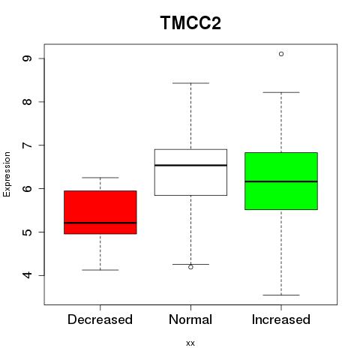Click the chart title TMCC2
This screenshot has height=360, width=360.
pyautogui.click(x=190, y=22)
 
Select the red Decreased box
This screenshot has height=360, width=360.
pyautogui.click(x=100, y=212)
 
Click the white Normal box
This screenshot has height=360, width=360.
pyautogui.click(x=190, y=172)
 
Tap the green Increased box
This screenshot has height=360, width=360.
pyautogui.click(x=281, y=181)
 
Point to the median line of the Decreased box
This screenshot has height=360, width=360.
pyautogui.click(x=100, y=223)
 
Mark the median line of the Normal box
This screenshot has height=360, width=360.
pyautogui.click(x=190, y=165)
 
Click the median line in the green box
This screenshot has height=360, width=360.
pyautogui.click(x=281, y=181)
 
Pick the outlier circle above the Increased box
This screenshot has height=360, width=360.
pyautogui.click(x=281, y=54)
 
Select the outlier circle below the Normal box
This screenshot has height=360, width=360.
pyautogui.click(x=190, y=267)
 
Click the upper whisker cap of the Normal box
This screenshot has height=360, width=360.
pyautogui.click(x=190, y=83)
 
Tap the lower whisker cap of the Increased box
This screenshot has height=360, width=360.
pyautogui.click(x=281, y=295)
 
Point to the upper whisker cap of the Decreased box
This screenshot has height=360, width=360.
pyautogui.click(x=100, y=178)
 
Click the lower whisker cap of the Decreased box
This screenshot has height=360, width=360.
pyautogui.click(x=100, y=270)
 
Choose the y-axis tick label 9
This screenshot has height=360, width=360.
pyautogui.click(x=27, y=58)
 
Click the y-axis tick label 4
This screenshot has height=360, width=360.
pyautogui.click(x=27, y=275)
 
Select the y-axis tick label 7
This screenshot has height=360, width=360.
pyautogui.click(x=27, y=145)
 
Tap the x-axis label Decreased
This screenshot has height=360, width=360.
pyautogui.click(x=100, y=319)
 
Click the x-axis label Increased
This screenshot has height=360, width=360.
pyautogui.click(x=281, y=319)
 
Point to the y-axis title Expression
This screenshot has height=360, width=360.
pyautogui.click(x=7, y=174)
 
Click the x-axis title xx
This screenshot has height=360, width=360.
pyautogui.click(x=190, y=343)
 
